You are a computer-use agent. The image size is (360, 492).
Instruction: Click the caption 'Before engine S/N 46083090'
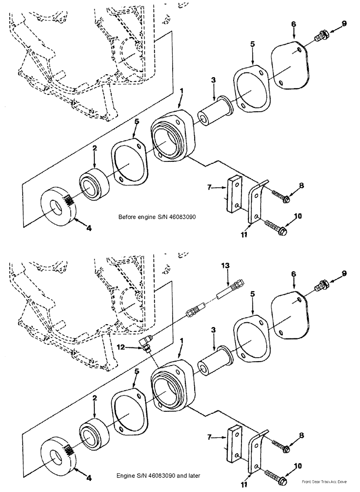(157, 217)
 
